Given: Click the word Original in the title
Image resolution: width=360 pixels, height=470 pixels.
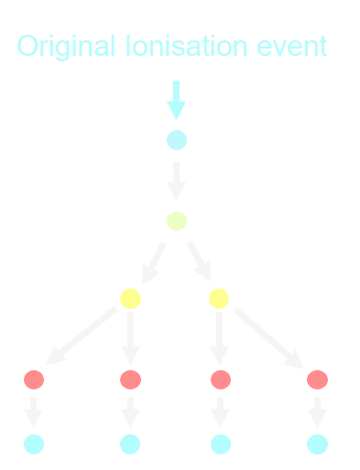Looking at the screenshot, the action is point(66,47).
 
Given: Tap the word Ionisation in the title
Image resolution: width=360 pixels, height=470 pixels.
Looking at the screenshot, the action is point(186,46).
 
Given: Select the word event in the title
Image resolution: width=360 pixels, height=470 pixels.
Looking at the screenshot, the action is point(292,47).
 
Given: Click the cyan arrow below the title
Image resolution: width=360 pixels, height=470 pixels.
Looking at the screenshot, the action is point(176,101).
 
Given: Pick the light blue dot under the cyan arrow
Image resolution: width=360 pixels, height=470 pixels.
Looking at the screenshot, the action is point(177,140).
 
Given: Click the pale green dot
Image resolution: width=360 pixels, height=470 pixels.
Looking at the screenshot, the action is point(177,221).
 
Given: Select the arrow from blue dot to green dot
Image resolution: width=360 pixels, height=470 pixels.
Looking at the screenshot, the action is point(176,181).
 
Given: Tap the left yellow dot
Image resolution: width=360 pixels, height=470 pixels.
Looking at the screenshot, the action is point(130,299).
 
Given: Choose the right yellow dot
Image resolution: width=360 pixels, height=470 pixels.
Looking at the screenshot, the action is point(219,299).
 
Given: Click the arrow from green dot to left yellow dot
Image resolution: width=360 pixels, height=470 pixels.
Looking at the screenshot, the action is point(154,263).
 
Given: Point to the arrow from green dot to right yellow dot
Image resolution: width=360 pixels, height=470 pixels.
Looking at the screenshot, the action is point(200,261).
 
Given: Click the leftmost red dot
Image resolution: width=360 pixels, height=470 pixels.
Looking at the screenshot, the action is point(34,379).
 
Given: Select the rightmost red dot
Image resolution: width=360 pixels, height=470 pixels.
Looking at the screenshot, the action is point(317,379).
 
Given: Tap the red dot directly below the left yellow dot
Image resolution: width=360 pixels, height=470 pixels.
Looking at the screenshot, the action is point(130,379).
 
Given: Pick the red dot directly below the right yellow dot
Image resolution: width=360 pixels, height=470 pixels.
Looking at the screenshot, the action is point(221,379).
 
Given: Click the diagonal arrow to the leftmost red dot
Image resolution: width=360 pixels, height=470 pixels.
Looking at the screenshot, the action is point(82,335).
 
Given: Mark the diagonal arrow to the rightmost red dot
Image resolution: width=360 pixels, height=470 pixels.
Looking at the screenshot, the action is point(268,338).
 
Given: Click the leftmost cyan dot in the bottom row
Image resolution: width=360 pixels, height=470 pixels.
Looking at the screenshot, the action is point(34,444).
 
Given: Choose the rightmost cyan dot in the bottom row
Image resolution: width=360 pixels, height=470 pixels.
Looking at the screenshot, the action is point(317,444).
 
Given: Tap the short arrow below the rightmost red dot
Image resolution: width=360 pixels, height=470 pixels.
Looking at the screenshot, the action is point(317,412).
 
